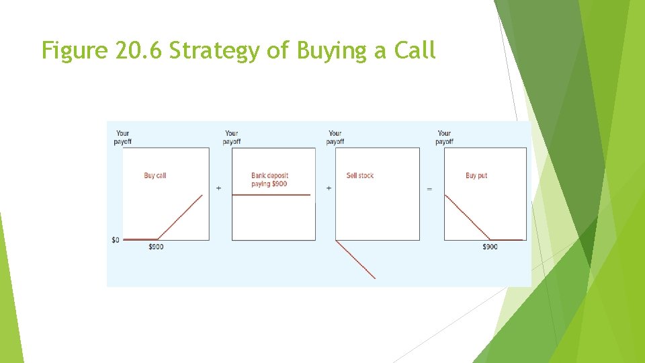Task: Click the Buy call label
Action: click(x=155, y=175)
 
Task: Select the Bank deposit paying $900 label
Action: click(x=269, y=179)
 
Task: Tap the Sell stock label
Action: click(x=360, y=175)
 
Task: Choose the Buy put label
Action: click(x=476, y=175)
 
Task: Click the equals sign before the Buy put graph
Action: click(x=429, y=189)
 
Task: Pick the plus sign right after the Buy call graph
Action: click(x=219, y=188)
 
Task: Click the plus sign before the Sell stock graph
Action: click(x=329, y=188)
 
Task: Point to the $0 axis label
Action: click(x=116, y=240)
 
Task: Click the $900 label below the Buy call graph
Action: click(x=156, y=247)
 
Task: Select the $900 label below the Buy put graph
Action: click(x=490, y=247)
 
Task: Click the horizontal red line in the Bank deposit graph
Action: click(x=272, y=195)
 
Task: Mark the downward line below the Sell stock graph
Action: click(x=356, y=259)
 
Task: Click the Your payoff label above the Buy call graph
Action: click(x=123, y=137)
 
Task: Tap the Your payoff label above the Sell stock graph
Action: click(x=335, y=137)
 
